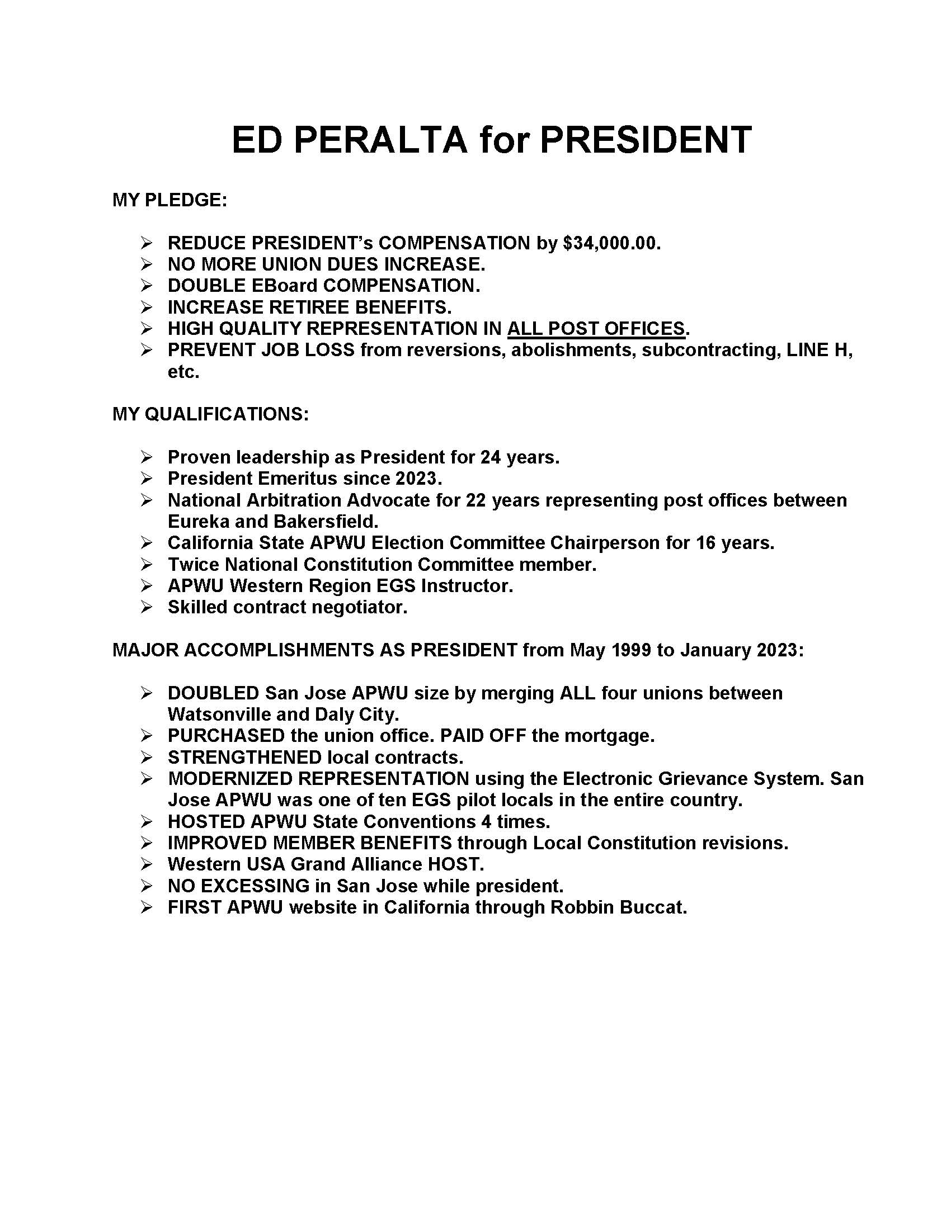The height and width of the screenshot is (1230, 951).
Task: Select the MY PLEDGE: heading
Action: (170, 200)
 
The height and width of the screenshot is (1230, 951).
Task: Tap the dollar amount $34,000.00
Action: (611, 243)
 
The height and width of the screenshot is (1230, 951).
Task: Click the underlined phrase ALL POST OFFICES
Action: (596, 329)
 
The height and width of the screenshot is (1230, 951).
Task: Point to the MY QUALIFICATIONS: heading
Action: (211, 414)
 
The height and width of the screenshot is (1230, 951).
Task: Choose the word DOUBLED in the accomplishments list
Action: (214, 693)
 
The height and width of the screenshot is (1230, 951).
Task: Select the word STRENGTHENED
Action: (244, 758)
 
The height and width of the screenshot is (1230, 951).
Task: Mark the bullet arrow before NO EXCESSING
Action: (147, 887)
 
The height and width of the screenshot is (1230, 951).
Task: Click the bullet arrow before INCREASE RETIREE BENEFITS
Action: (147, 307)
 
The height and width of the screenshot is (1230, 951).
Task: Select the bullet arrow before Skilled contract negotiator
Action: (147, 607)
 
